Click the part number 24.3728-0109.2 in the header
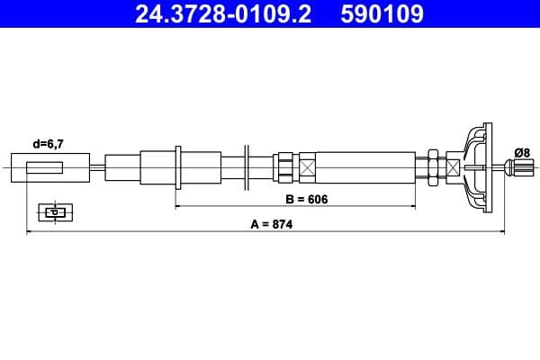coord(223,14)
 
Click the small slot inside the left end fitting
coord(45,167)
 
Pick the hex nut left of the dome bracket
coord(433,167)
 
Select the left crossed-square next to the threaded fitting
coord(308,167)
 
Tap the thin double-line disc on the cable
coord(246,167)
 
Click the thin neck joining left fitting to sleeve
coord(96,167)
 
